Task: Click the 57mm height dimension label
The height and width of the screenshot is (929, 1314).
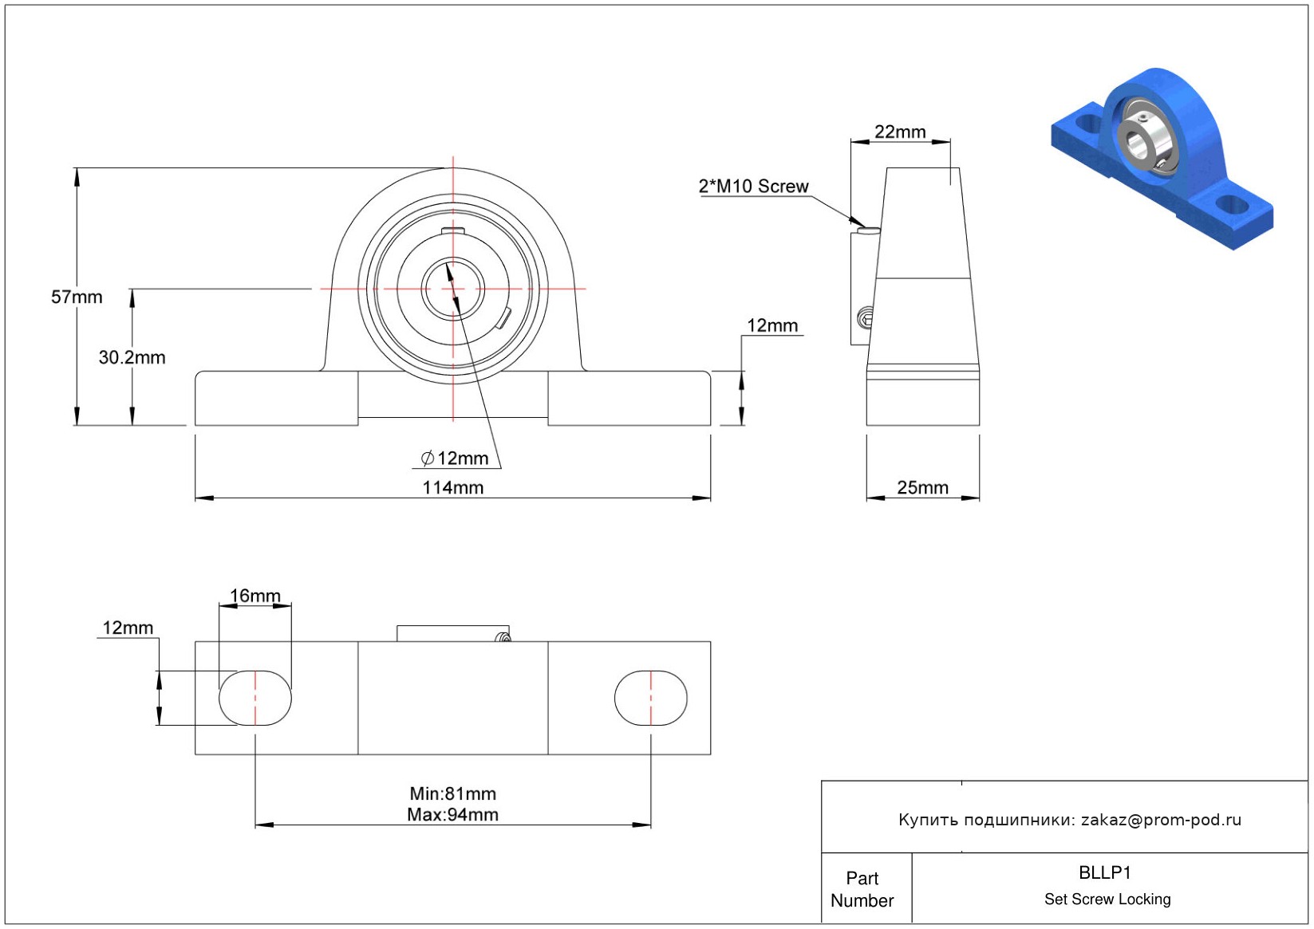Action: [x=77, y=297]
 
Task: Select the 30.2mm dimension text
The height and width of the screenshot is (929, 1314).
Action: [x=132, y=357]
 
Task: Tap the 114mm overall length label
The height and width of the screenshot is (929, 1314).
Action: [x=453, y=487]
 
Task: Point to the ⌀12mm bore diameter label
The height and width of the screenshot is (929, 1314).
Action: [x=455, y=458]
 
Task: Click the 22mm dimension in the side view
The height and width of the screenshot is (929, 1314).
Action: [x=900, y=132]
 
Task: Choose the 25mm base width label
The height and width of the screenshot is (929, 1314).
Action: [x=922, y=487]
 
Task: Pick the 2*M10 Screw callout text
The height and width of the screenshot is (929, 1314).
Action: [x=753, y=186]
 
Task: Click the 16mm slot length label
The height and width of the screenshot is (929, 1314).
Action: [x=255, y=596]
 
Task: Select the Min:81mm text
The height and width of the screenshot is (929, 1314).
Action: [x=453, y=793]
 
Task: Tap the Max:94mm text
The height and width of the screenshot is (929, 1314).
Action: [x=453, y=815]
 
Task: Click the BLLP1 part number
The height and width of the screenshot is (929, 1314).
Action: [x=1105, y=872]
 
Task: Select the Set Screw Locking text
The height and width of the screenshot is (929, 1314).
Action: [x=1107, y=899]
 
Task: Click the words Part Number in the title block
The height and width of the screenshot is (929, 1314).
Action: [x=862, y=889]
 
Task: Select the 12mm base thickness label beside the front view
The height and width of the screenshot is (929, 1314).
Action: [x=772, y=325]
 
